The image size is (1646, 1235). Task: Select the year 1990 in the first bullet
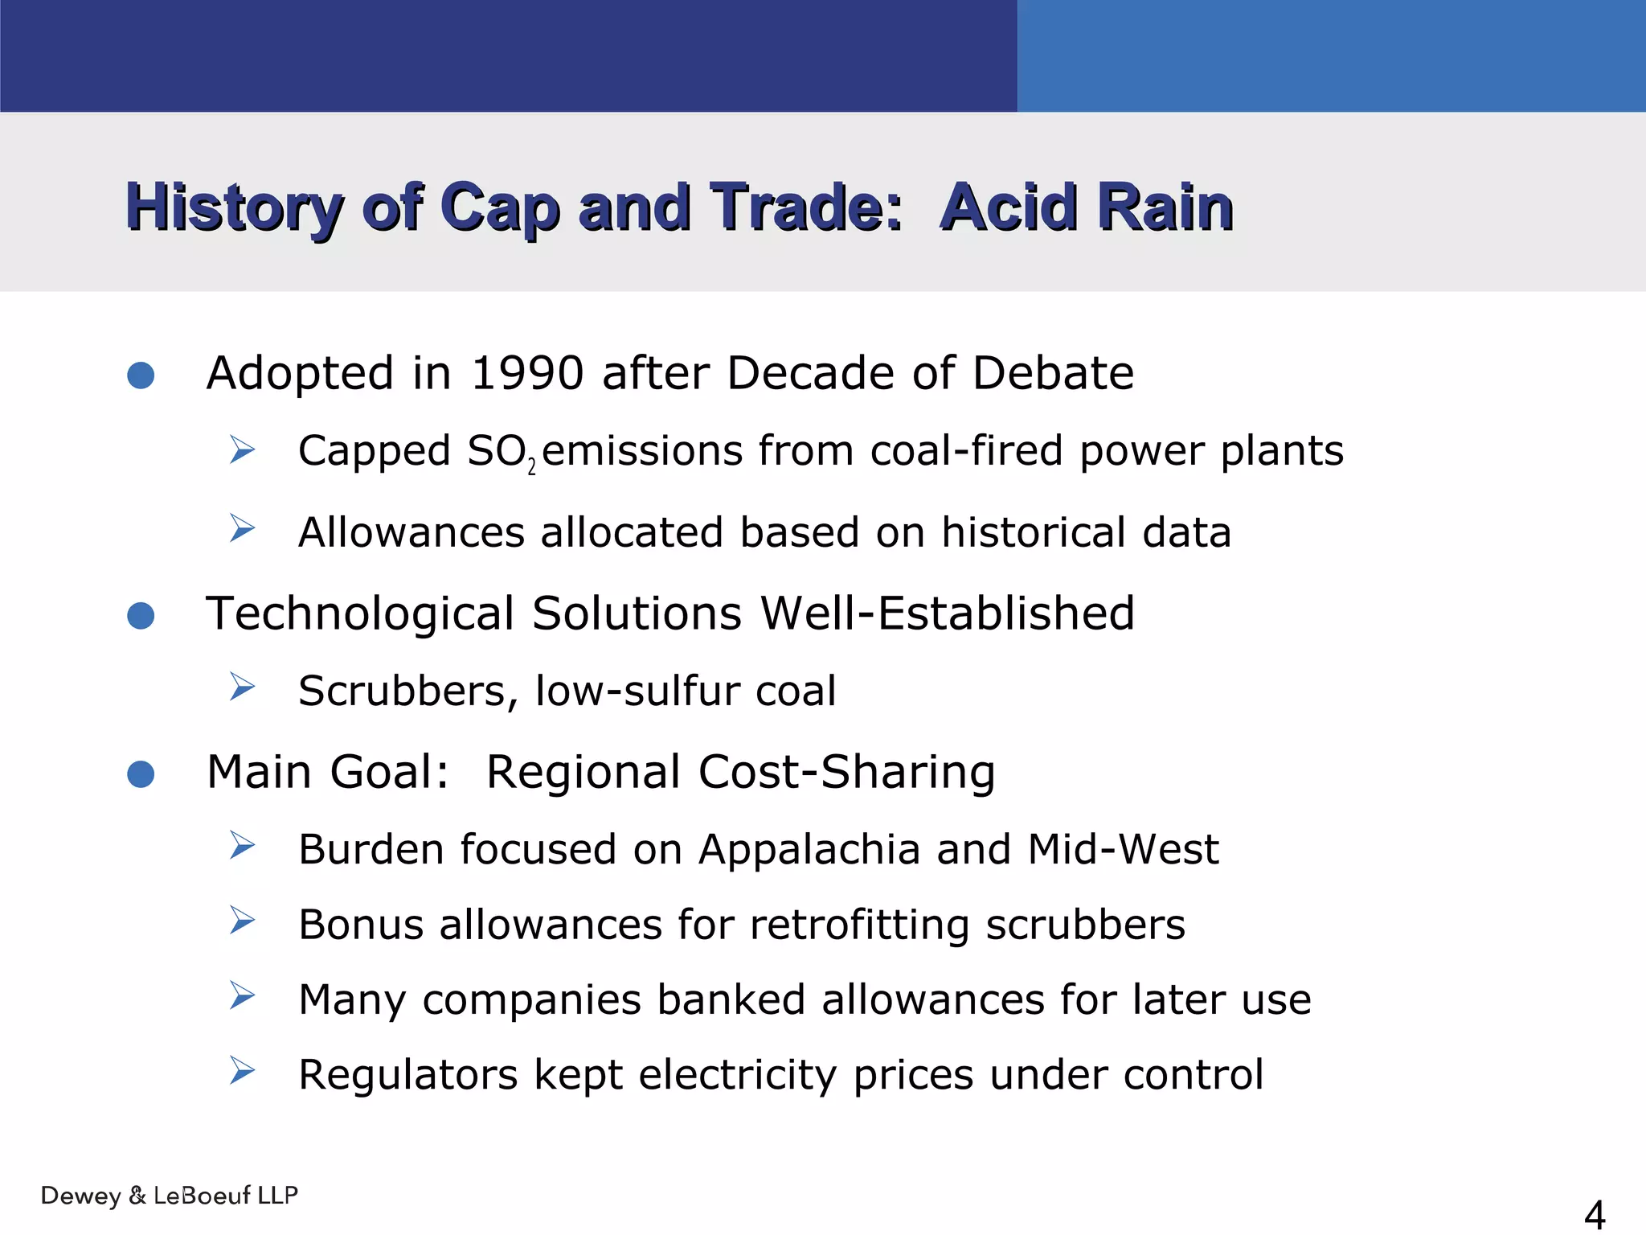526,374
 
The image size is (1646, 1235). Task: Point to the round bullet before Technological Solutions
141,616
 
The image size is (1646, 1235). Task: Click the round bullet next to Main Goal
141,774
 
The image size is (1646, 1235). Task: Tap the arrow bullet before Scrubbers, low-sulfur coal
241,687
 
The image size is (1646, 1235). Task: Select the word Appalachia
809,850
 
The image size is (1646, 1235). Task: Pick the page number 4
1594,1215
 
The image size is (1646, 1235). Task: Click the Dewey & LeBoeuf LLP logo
170,1196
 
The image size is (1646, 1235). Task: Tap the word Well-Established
947,614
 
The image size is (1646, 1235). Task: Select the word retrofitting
859,925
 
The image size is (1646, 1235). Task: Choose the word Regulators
407,1075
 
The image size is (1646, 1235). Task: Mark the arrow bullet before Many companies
241,996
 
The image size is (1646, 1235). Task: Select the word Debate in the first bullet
1053,374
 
